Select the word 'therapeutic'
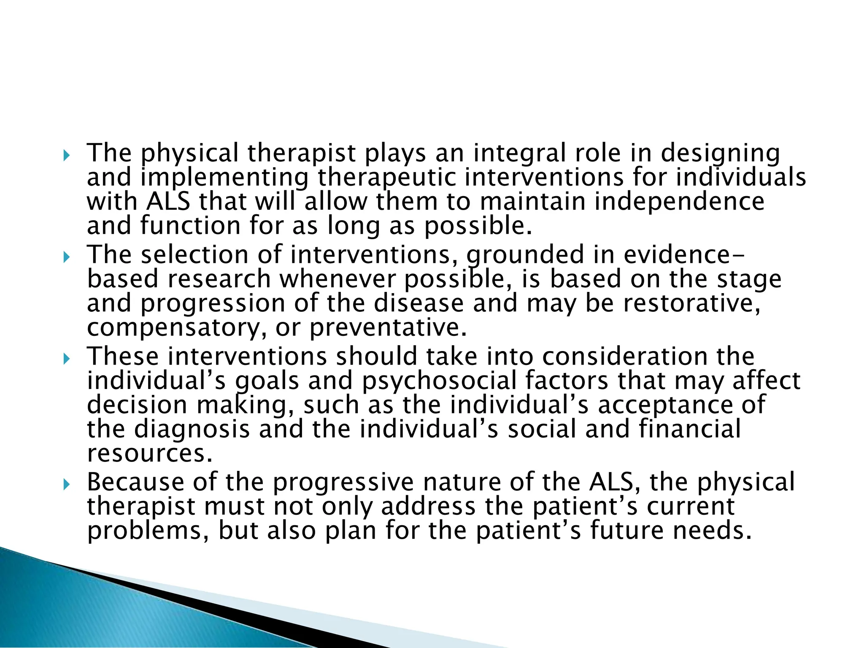(x=386, y=178)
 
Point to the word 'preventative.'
(x=388, y=328)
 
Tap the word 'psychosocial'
(x=439, y=381)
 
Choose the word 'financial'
(x=689, y=429)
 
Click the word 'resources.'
(x=149, y=454)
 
